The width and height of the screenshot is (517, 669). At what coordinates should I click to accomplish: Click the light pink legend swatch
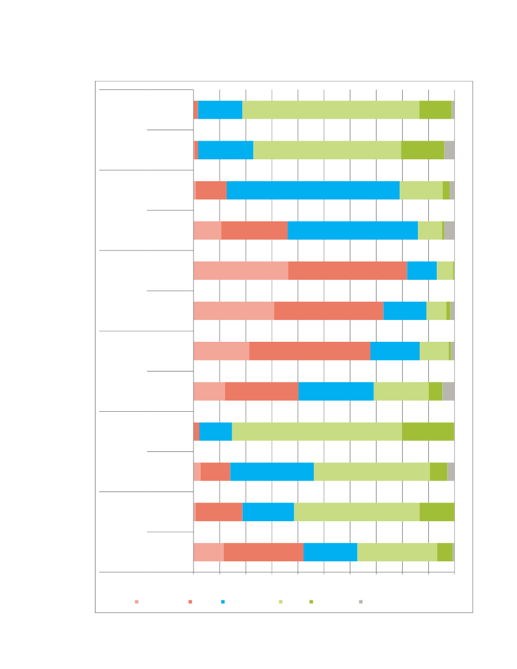point(137,601)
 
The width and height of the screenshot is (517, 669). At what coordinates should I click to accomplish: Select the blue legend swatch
point(223,601)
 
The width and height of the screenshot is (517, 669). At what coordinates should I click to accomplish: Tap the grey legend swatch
point(361,601)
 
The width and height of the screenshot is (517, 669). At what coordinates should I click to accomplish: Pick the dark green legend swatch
point(311,601)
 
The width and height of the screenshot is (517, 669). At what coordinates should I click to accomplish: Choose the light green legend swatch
point(280,601)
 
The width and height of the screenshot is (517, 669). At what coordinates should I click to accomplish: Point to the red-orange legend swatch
point(190,601)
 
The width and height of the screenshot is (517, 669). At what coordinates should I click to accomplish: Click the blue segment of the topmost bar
point(220,110)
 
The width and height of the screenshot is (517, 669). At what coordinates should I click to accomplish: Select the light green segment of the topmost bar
point(331,110)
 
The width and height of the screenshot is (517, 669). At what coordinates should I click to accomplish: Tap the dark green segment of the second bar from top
point(423,150)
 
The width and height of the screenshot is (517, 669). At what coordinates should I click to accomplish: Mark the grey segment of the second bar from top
point(449,150)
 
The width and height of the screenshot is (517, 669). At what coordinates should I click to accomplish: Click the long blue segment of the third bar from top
point(313,190)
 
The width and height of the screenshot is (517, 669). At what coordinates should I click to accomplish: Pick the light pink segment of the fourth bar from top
point(207,231)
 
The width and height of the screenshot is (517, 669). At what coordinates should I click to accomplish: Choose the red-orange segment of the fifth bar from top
point(347,271)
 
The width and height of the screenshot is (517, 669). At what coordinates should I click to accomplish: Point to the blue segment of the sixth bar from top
point(404,311)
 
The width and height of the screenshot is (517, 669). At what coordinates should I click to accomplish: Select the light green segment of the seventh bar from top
point(434,351)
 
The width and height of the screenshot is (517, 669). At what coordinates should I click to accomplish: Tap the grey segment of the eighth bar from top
point(448,392)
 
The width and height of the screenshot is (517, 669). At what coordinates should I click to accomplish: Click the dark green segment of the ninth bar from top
point(428,432)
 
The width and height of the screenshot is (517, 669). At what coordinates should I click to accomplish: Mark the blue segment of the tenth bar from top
point(272,472)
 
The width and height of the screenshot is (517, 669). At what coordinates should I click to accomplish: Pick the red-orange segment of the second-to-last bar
point(219,512)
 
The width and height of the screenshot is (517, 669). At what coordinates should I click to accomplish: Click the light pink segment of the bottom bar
point(209,552)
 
